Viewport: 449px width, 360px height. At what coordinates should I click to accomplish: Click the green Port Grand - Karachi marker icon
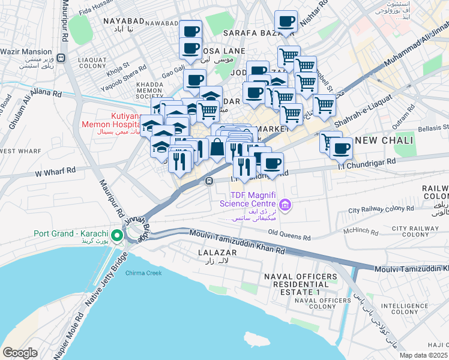click(x=118, y=233)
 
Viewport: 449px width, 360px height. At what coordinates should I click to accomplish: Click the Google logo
click(x=20, y=352)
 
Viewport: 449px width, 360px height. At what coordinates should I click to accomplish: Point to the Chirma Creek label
click(x=143, y=273)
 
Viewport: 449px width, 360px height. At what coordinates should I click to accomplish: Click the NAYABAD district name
click(x=124, y=21)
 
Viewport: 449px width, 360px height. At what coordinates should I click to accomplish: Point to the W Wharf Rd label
click(x=55, y=173)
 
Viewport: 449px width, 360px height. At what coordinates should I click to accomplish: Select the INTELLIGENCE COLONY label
click(x=400, y=308)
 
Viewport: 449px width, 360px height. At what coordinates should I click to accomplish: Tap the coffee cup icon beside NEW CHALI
click(x=342, y=148)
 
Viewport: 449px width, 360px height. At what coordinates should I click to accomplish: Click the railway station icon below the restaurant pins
click(x=209, y=181)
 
